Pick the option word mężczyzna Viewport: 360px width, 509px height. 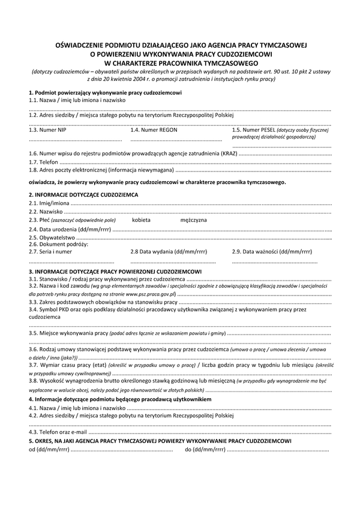click(x=193, y=220)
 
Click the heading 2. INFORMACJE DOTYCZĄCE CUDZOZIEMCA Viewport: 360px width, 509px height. click(x=83, y=195)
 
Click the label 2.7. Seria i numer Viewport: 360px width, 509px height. click(x=50, y=252)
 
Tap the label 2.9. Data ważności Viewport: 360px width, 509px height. click(x=272, y=252)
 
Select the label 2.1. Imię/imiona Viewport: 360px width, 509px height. click(x=49, y=204)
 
